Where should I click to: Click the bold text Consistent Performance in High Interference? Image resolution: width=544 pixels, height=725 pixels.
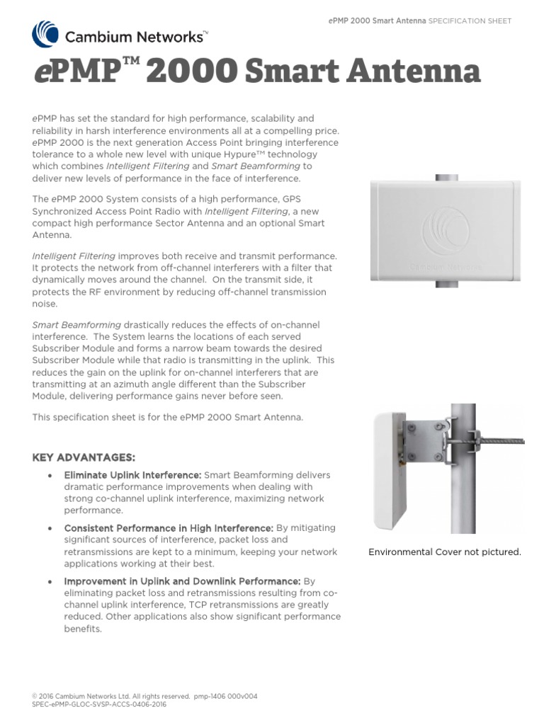tap(168, 528)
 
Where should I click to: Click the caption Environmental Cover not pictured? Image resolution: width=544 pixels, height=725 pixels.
tap(445, 552)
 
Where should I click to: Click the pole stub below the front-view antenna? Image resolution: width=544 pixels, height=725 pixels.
tap(446, 285)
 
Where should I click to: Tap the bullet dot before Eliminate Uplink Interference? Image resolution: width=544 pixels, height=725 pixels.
tap(48, 476)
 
